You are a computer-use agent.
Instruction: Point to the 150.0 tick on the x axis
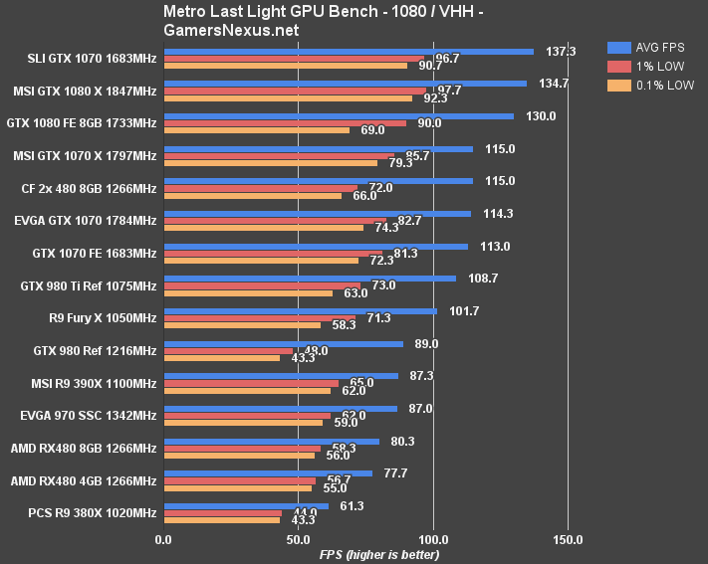568,540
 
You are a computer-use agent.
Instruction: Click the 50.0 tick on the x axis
298,540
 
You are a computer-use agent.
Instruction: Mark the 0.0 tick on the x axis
163,540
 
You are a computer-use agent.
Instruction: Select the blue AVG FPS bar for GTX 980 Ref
283,344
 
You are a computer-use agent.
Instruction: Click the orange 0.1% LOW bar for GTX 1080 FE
256,130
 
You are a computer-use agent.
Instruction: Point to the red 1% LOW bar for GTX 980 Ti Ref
262,285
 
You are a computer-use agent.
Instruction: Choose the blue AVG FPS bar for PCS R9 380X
246,506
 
